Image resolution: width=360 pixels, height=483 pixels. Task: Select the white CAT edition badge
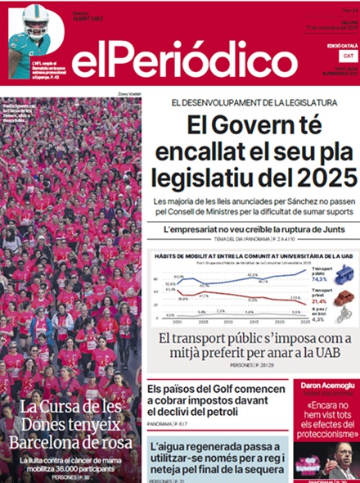coord(349,56)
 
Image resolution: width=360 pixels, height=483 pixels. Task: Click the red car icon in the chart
coord(344,297)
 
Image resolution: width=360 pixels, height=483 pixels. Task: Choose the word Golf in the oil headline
coord(234,389)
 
